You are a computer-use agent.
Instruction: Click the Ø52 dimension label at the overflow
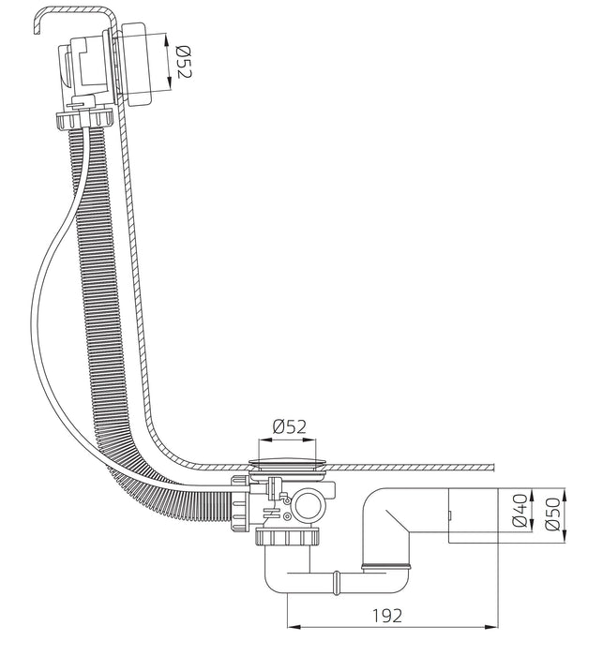tap(183, 62)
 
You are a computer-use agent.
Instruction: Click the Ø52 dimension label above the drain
tap(290, 426)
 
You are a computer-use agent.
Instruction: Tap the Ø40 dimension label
tap(520, 510)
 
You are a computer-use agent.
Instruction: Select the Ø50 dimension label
tap(552, 514)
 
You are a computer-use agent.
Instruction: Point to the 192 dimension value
tap(387, 616)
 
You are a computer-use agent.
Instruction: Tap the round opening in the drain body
tap(309, 505)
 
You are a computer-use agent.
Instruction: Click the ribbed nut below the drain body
tap(287, 537)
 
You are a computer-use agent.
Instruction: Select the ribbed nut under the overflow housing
tap(85, 120)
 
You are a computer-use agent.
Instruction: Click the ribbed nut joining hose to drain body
tap(240, 502)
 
